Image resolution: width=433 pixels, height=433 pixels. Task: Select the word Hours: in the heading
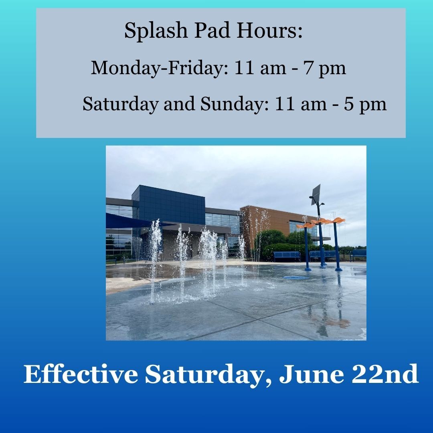270,31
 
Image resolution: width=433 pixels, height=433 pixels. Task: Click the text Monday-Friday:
159,68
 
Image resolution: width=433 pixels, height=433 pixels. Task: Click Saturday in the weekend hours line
120,104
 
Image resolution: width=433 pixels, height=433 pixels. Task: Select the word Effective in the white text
80,375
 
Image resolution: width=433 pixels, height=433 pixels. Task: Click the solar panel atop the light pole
316,194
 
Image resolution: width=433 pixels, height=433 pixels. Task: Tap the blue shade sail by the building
126,221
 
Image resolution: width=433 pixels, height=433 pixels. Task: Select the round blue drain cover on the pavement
295,277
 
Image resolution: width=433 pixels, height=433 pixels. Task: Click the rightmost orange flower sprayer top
337,220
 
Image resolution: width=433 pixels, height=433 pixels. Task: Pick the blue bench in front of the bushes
286,255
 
